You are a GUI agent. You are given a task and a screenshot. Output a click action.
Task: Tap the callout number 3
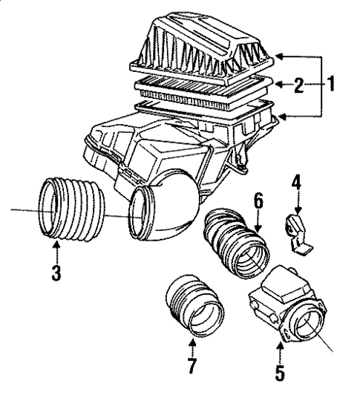click(56, 272)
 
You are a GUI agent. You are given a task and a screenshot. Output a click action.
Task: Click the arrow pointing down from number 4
click(295, 204)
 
